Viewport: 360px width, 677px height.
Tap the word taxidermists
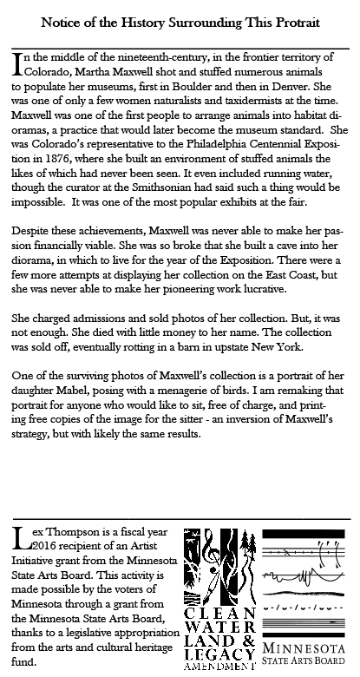pos(249,102)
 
